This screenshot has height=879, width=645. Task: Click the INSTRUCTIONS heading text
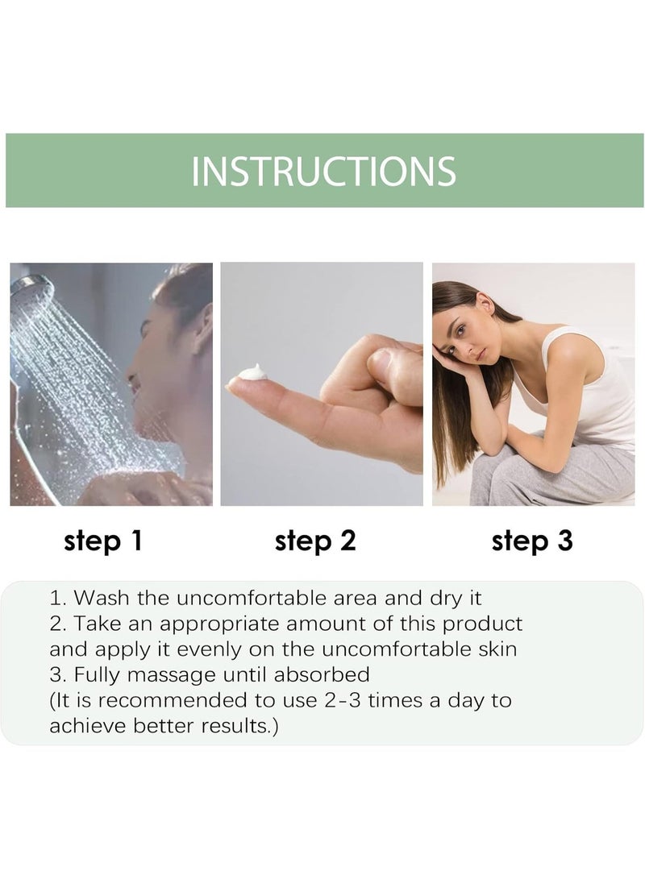click(x=323, y=171)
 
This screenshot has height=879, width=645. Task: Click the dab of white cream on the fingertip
click(x=252, y=373)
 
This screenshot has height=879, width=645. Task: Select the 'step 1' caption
click(x=103, y=541)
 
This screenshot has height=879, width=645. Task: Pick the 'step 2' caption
click(x=315, y=541)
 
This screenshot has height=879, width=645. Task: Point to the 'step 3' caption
click(x=532, y=541)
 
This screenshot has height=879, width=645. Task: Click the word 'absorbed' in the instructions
click(x=322, y=674)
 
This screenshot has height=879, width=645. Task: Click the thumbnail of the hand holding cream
click(x=322, y=384)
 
